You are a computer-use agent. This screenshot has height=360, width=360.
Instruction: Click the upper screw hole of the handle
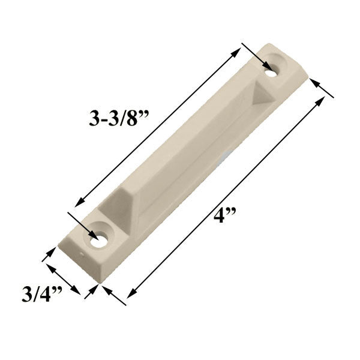coord(276,67)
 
